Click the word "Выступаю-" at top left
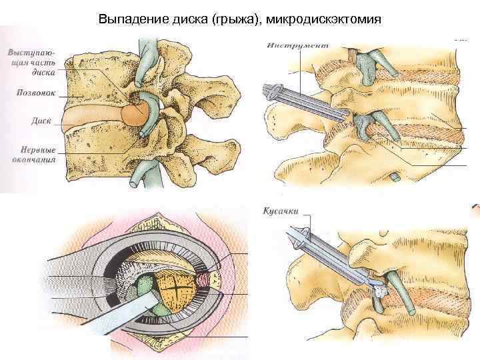pos(32,51)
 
